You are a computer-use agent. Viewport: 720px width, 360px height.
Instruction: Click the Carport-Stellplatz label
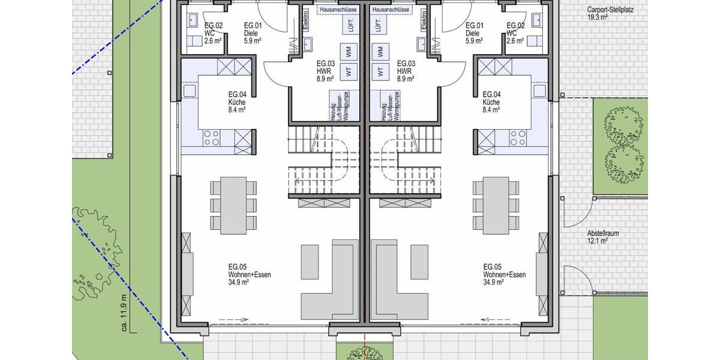(x=610, y=14)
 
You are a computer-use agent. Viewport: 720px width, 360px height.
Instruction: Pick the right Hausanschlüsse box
(x=391, y=10)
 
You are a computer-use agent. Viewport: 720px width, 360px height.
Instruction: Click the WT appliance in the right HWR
(x=379, y=72)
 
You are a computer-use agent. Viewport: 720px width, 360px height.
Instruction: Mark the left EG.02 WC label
(x=213, y=33)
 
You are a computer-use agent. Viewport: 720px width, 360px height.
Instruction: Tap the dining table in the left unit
(x=233, y=205)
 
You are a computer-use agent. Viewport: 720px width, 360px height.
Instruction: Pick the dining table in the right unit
(x=495, y=205)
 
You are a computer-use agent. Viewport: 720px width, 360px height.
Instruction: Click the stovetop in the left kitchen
(x=211, y=137)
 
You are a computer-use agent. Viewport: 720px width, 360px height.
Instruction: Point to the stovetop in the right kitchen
(x=517, y=137)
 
